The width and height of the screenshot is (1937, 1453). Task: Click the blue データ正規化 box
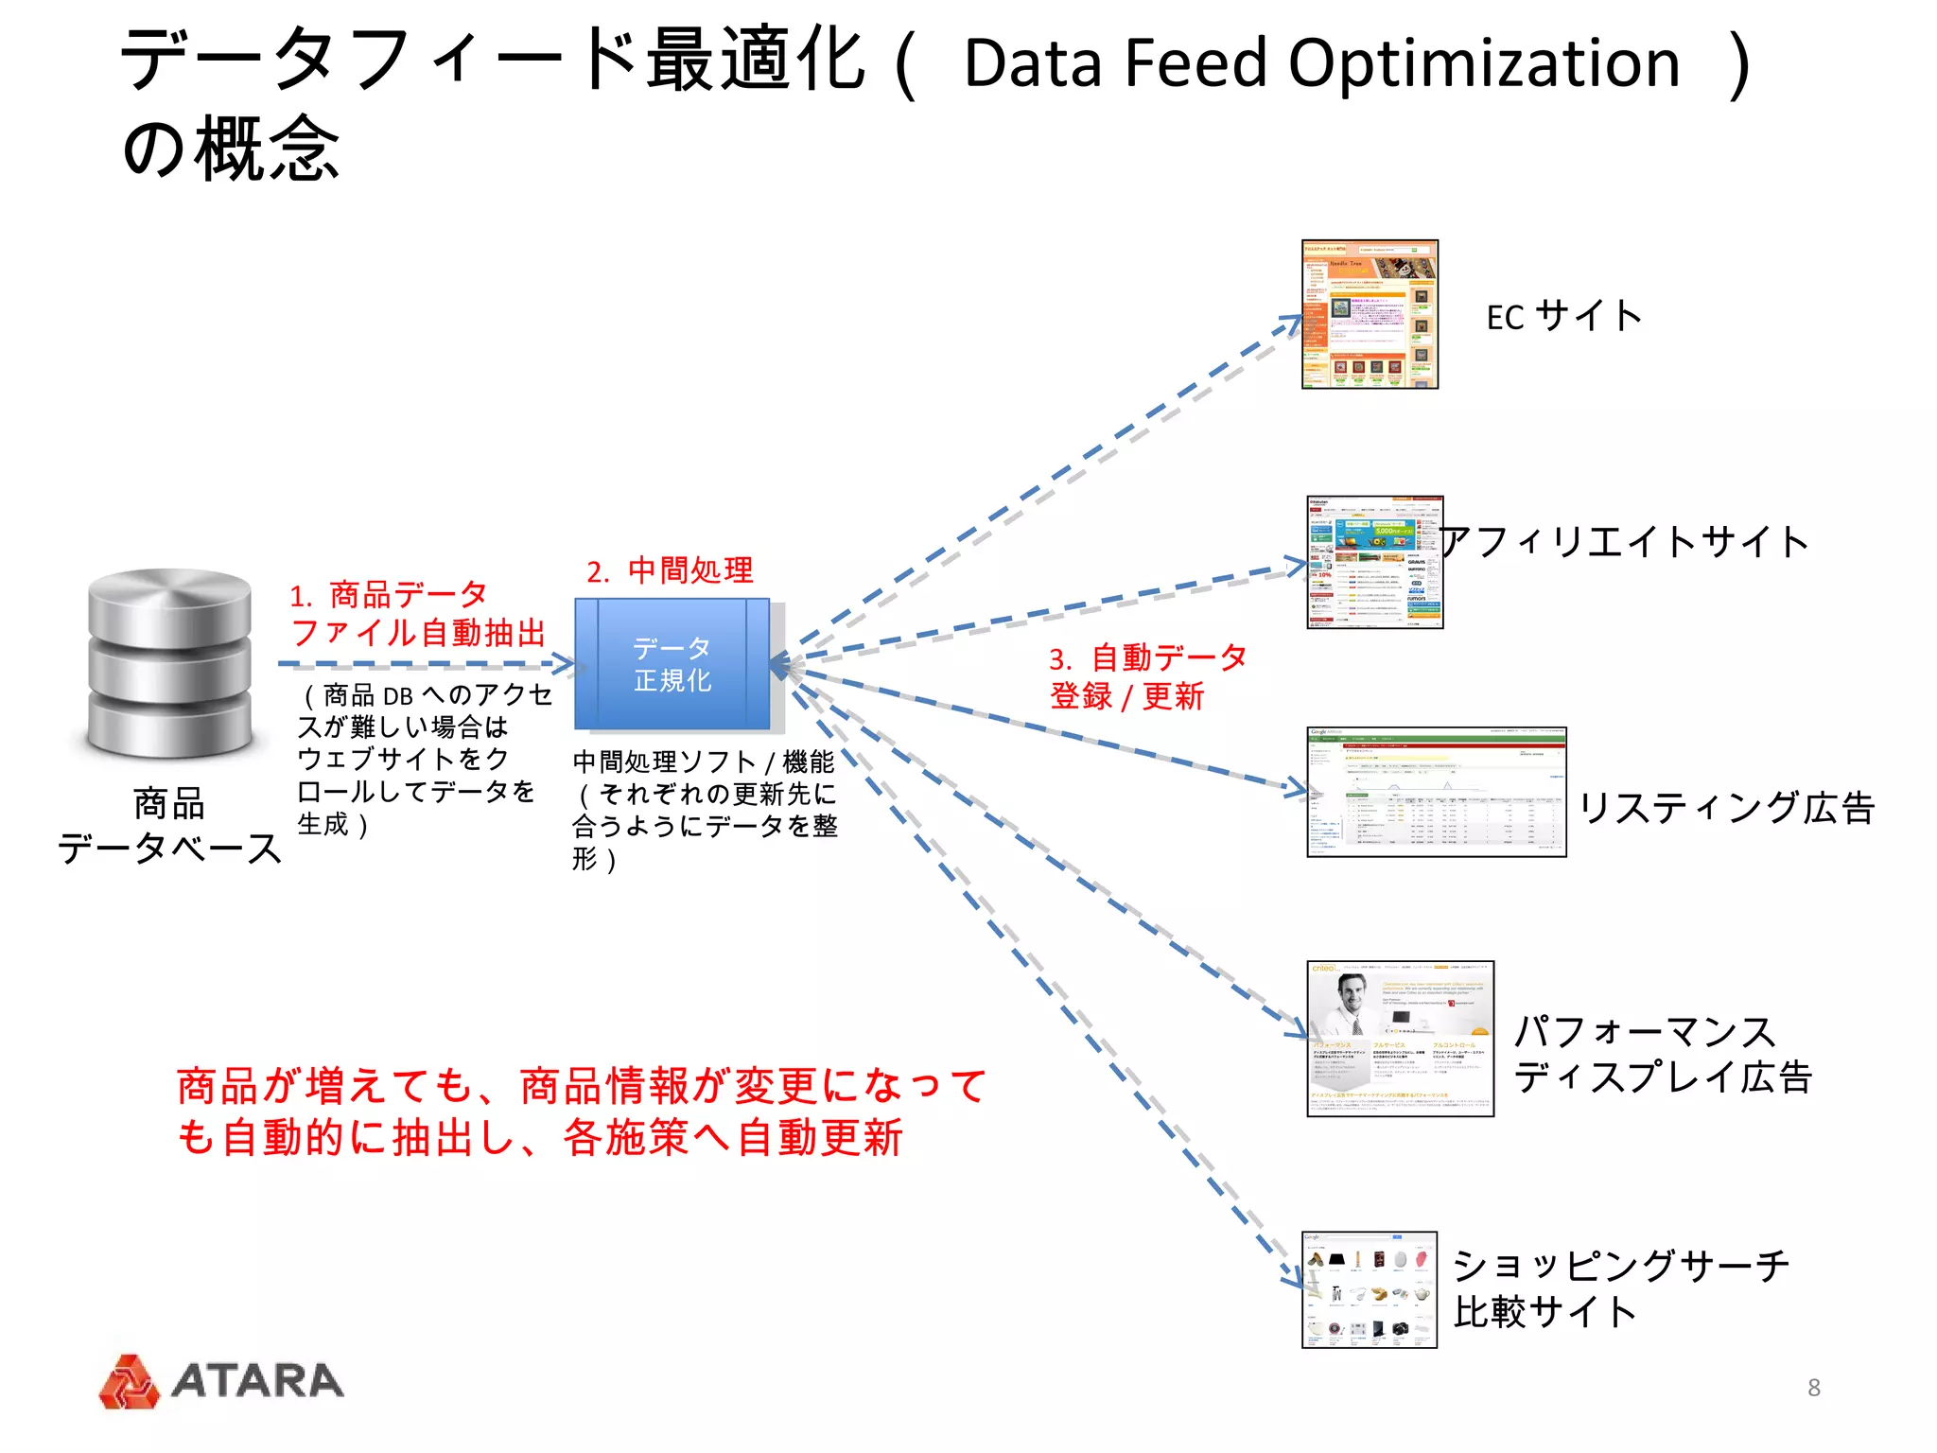(672, 664)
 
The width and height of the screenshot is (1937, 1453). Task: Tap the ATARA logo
(222, 1381)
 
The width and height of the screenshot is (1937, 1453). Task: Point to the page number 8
(1813, 1388)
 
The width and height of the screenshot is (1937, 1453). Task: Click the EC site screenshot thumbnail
(1370, 314)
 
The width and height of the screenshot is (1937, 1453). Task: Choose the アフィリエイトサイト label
(1624, 542)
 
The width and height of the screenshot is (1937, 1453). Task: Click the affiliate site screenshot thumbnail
(1374, 562)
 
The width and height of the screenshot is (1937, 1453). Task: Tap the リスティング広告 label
(1726, 807)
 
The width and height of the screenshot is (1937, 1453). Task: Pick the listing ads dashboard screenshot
(1436, 792)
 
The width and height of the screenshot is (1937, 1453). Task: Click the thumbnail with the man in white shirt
(1400, 1039)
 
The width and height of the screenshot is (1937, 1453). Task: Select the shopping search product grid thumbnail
(1369, 1289)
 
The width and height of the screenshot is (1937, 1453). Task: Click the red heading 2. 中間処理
(670, 570)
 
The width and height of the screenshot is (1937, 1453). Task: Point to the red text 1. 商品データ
(389, 595)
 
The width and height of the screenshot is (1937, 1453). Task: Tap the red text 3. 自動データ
(1147, 657)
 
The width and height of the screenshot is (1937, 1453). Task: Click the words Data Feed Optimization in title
(1321, 64)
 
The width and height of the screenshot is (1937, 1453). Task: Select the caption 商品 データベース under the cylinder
(170, 826)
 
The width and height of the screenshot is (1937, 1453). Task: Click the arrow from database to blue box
(426, 664)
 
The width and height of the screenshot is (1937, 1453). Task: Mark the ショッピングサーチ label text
(1620, 1266)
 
